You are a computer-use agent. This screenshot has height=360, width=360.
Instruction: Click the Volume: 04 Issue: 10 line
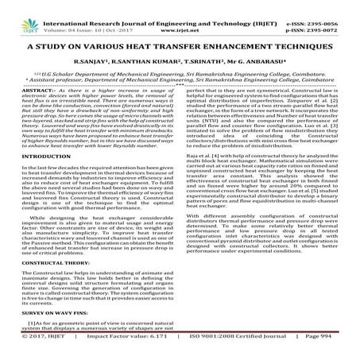[x=71, y=22]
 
